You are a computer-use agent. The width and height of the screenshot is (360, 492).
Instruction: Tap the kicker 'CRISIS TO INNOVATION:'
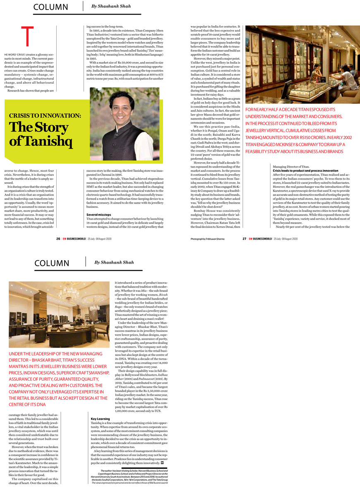click(45, 116)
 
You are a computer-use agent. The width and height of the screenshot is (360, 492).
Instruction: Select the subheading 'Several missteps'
click(99, 215)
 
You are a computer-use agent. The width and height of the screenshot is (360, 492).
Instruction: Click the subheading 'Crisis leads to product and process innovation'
click(305, 170)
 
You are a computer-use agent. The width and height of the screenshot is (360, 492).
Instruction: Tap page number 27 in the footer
click(245, 239)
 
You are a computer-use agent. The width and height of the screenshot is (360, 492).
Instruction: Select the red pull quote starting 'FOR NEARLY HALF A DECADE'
click(299, 130)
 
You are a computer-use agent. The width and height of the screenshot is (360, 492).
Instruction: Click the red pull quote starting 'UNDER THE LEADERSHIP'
click(58, 379)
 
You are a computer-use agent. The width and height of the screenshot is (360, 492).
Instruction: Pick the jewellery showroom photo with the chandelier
click(59, 314)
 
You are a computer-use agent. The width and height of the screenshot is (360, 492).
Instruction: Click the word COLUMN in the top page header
click(50, 7)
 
